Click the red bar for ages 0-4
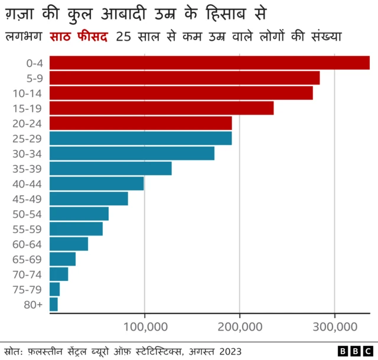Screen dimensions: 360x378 pos(209,63)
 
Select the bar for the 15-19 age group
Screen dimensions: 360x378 pos(161,108)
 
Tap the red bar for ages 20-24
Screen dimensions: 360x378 pos(141,123)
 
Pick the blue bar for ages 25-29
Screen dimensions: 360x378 pos(141,138)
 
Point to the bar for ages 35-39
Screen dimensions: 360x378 pos(110,168)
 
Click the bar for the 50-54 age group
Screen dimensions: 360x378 pos(79,214)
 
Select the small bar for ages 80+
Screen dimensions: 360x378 pos(54,305)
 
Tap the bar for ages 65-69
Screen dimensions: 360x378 pos(63,259)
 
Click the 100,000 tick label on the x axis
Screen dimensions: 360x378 pos(144,326)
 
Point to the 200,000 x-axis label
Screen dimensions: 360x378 pos(239,326)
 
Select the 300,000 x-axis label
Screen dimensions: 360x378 pos(334,326)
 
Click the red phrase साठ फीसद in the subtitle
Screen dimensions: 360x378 pos(80,37)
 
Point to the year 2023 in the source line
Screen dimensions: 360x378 pos(230,351)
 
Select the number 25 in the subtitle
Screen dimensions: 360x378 pos(125,37)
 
